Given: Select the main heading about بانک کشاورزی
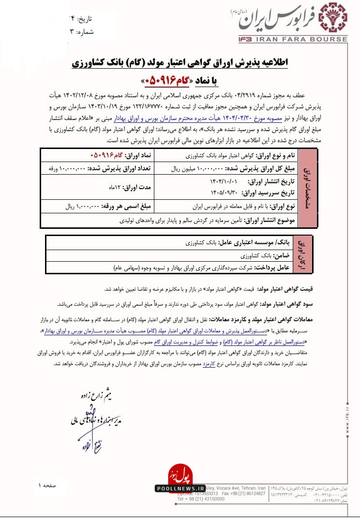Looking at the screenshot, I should pos(180,63).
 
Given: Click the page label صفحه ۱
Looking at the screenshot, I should pos(46,484).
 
